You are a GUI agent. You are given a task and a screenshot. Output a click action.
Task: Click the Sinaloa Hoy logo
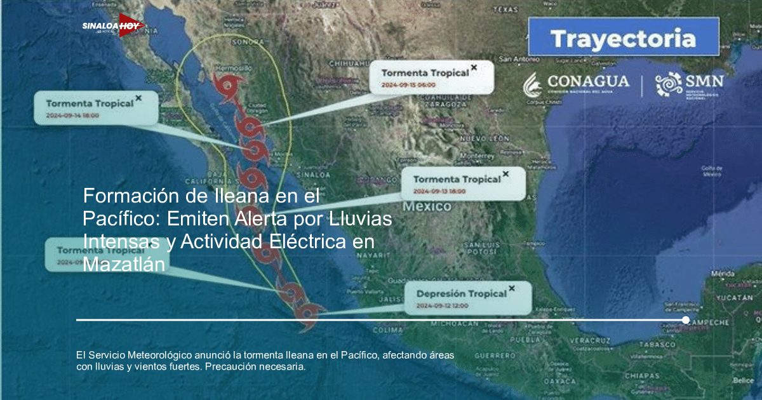pos(113,26)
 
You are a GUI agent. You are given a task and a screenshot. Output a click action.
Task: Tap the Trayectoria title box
pos(623,39)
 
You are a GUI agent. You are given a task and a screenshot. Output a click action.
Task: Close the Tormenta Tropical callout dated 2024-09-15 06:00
pos(474,67)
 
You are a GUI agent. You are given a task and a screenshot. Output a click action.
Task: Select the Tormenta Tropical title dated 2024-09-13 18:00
pos(457,180)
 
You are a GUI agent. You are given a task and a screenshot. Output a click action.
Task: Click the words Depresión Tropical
pos(462,293)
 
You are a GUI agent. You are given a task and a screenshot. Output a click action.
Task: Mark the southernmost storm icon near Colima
pos(307,312)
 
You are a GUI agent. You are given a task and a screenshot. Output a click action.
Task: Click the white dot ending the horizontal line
pos(686,320)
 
